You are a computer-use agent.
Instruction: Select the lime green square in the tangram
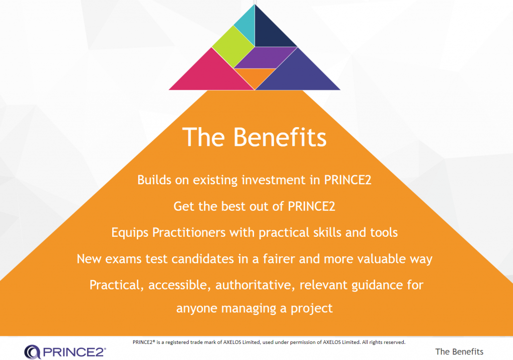point(233,47)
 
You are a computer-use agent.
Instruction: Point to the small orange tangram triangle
point(255,76)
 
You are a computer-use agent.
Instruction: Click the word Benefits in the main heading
point(280,137)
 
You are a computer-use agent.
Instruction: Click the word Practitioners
point(189,232)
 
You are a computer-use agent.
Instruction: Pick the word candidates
point(202,259)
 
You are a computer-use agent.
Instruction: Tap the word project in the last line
point(312,308)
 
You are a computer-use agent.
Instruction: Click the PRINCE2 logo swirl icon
point(33,352)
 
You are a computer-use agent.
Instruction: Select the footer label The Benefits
point(459,351)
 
